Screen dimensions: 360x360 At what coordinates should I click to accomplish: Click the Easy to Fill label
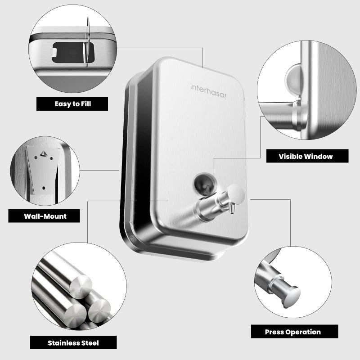point(72,104)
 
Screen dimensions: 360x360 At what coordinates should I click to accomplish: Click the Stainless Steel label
point(73,342)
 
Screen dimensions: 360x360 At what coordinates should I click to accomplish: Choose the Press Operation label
point(292,332)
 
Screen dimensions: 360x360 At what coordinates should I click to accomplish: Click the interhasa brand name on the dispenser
point(208,87)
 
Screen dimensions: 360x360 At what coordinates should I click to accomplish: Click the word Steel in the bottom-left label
point(90,342)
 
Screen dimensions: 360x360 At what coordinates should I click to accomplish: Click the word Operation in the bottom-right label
point(303,332)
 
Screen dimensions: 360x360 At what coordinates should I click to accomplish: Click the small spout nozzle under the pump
point(232,209)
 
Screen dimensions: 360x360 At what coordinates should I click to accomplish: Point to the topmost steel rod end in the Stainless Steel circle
point(81,286)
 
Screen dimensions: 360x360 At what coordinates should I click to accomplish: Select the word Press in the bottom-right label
point(274,332)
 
